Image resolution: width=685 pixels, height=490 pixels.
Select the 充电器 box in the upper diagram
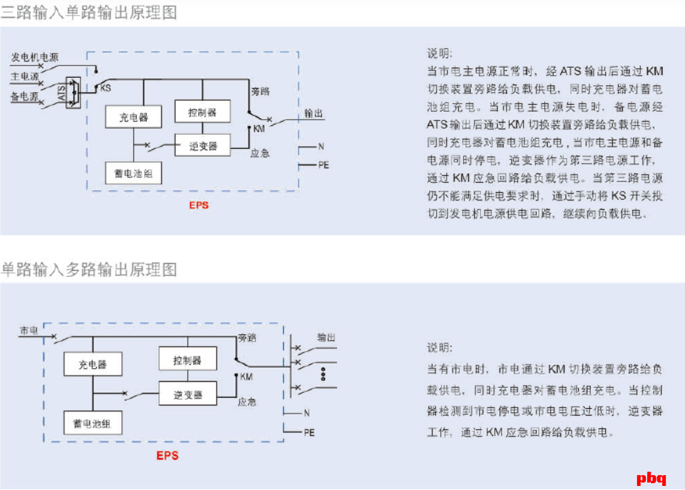point(134,117)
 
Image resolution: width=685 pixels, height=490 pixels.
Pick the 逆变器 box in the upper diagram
point(202,145)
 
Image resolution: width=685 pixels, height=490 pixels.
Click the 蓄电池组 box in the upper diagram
point(134,173)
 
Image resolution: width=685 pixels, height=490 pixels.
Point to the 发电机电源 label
point(35,58)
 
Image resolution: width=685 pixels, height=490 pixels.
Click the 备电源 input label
point(24,97)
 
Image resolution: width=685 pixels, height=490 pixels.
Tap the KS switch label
point(106,88)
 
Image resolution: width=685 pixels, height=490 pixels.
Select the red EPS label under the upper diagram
point(198,206)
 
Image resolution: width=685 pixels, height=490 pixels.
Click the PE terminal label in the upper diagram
point(323,164)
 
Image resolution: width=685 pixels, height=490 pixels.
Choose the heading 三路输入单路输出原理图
point(89,13)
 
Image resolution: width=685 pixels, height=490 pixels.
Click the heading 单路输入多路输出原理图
point(89,269)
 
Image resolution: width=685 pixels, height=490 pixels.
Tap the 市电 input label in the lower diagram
point(29,330)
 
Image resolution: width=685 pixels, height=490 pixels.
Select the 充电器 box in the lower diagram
point(93,364)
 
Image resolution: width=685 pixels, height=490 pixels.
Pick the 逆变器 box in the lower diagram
point(187,394)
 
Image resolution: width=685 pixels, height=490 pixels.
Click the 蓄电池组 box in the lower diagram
point(93,423)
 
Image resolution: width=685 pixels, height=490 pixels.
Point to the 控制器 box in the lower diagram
point(187,359)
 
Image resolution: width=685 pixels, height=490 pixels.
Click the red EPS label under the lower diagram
point(167,455)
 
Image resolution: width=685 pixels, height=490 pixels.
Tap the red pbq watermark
point(652,478)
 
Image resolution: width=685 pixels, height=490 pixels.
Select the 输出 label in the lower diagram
point(327,337)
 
